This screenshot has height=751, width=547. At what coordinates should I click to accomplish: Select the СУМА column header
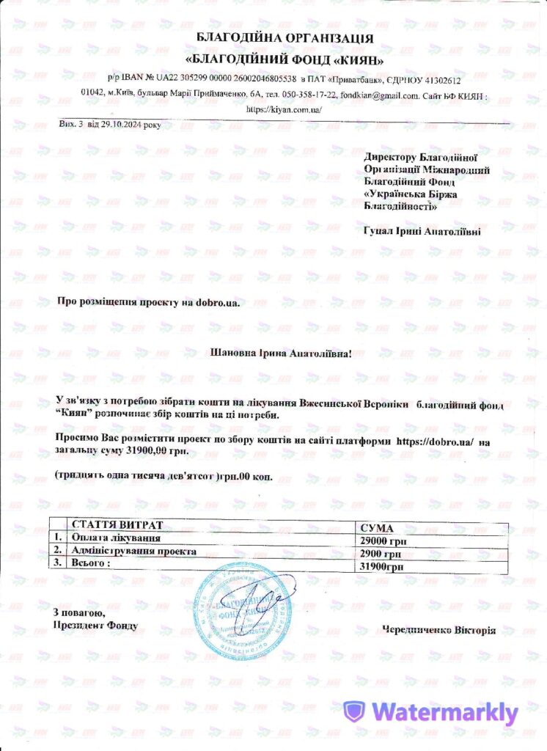(373, 528)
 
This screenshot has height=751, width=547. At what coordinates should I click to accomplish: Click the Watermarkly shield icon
(355, 711)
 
